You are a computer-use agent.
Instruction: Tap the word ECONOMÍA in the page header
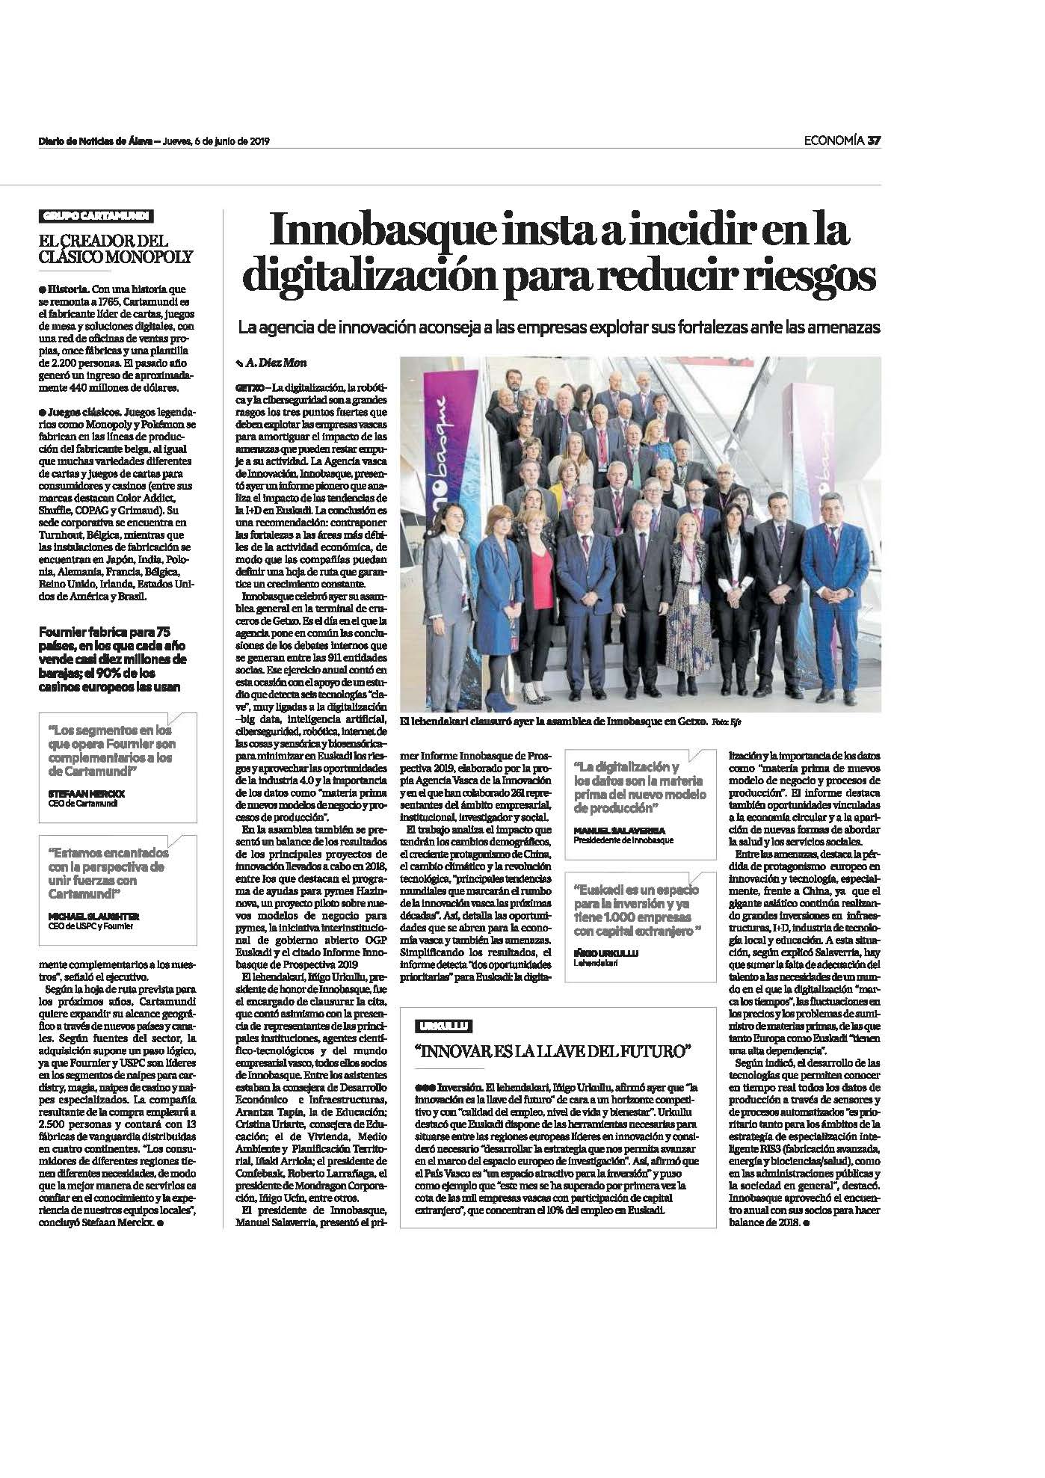(833, 141)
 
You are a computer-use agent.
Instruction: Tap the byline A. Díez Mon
(270, 363)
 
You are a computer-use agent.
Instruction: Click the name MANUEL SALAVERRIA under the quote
(608, 831)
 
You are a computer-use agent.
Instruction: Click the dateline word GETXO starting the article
(247, 389)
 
